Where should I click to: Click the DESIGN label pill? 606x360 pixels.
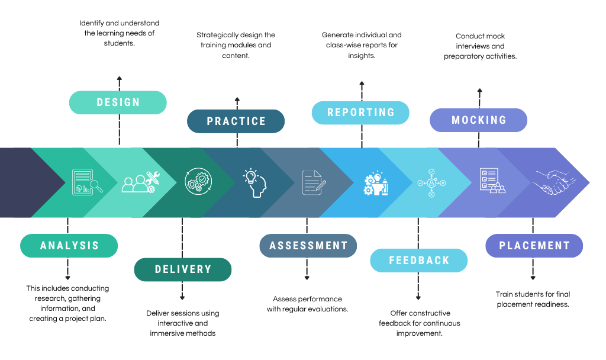(x=118, y=102)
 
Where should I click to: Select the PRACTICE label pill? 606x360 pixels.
(x=236, y=121)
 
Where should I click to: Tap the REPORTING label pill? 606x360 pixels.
(x=360, y=112)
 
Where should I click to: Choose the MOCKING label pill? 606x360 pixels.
(x=478, y=120)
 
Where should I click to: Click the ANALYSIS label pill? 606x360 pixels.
(x=69, y=246)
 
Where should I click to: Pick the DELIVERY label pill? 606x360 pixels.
(x=183, y=269)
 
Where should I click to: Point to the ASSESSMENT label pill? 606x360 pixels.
(x=308, y=246)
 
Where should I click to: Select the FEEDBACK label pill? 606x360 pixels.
(x=419, y=261)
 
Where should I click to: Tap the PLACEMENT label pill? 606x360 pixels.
(x=534, y=246)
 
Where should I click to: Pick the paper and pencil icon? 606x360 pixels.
(x=314, y=182)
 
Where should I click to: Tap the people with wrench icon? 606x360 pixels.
(x=140, y=182)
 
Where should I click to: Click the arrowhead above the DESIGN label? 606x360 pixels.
(x=120, y=78)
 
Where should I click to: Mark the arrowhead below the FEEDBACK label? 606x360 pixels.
(x=418, y=298)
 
